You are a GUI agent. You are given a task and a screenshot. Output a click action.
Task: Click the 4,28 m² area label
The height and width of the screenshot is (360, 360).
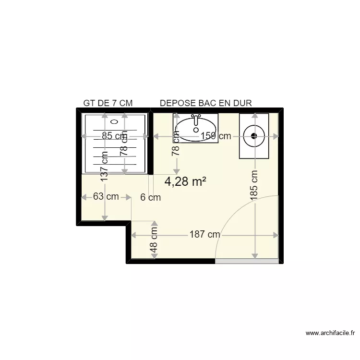pyautogui.click(x=185, y=181)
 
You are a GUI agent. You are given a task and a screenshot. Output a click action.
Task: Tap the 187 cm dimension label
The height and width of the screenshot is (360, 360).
pyautogui.click(x=204, y=235)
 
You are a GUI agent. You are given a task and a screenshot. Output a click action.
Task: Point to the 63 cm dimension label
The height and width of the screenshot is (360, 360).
pyautogui.click(x=106, y=196)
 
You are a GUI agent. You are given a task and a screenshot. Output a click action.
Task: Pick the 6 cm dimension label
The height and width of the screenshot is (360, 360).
pyautogui.click(x=150, y=197)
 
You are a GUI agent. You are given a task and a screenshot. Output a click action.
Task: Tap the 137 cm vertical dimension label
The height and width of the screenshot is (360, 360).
pyautogui.click(x=104, y=167)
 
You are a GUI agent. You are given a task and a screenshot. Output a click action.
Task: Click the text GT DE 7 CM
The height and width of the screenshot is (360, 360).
pyautogui.click(x=108, y=103)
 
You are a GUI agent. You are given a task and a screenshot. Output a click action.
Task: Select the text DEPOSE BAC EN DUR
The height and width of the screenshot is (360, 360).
pyautogui.click(x=206, y=103)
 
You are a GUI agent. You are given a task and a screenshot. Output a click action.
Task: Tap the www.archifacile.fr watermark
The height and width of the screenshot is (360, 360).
pyautogui.click(x=330, y=333)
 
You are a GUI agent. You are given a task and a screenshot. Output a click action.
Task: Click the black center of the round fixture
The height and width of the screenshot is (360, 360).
pyautogui.click(x=254, y=136)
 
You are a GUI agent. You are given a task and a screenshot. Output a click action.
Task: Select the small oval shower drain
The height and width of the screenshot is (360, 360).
pyautogui.click(x=113, y=121)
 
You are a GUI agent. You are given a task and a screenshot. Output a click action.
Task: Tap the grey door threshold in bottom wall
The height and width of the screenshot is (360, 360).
pyautogui.click(x=246, y=261)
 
